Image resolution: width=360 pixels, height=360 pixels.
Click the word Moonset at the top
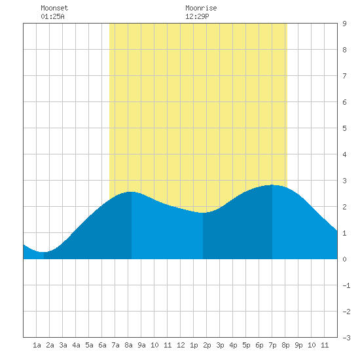tap(54, 8)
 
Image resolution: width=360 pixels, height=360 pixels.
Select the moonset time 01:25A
tap(52, 16)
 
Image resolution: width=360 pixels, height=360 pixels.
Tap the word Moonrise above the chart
tap(201, 8)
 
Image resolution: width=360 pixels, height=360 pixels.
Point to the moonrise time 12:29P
tap(197, 16)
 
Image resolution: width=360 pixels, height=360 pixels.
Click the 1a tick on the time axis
tap(37, 345)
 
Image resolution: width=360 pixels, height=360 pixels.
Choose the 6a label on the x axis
tap(102, 345)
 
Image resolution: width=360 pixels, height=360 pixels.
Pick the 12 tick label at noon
tap(181, 345)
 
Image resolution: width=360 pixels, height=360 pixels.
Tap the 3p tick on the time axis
tap(220, 345)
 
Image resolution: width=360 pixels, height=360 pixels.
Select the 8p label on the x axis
tap(285, 345)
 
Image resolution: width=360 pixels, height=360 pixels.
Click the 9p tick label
tap(298, 345)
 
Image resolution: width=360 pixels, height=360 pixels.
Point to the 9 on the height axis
tap(344, 24)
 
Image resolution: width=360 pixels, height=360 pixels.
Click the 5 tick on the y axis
tap(344, 128)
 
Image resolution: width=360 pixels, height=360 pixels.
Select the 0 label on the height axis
tap(344, 259)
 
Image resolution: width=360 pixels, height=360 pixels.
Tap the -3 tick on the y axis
tap(346, 338)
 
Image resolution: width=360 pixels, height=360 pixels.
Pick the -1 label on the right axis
tap(346, 285)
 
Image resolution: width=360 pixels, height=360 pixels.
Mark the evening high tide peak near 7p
tap(272, 185)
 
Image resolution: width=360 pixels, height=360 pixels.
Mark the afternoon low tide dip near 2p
tap(203, 213)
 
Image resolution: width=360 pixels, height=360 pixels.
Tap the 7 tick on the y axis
tap(344, 76)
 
